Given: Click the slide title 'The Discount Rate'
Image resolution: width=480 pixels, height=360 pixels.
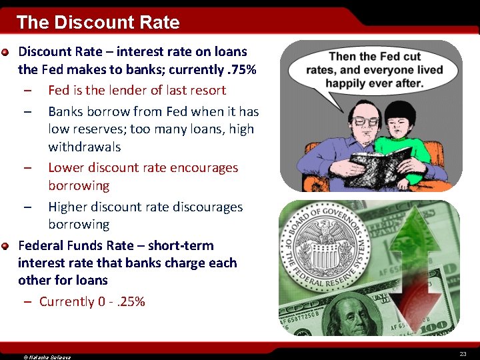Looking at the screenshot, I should click(98, 23).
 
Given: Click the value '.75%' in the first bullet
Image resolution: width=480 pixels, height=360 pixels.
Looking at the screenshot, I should click(242, 69).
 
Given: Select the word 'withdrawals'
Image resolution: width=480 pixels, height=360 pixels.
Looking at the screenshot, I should click(84, 147).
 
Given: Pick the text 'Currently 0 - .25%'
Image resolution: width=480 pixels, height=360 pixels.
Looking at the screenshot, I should click(92, 302).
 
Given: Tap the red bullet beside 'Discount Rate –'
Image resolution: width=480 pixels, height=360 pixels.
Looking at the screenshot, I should click(5, 52).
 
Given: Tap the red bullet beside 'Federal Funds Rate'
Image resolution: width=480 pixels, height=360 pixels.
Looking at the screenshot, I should click(5, 247).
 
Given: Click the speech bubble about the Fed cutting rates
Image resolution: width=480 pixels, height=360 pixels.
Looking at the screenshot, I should click(375, 70).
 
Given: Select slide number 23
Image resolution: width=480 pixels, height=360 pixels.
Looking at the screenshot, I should click(463, 353).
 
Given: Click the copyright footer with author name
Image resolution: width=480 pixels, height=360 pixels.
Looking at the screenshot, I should click(47, 357).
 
